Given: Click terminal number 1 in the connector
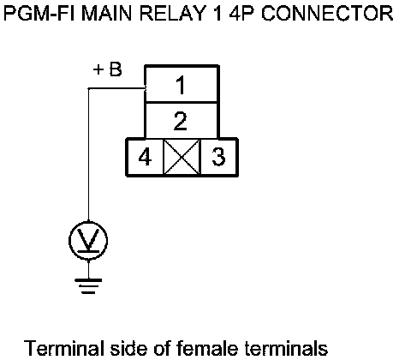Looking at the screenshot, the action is (x=182, y=84).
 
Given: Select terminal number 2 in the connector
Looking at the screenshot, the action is (x=182, y=121).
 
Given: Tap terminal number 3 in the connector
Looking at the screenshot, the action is (x=219, y=157).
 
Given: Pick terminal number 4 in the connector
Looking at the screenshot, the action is (x=145, y=157).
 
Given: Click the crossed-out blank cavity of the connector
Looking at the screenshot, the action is (x=182, y=157).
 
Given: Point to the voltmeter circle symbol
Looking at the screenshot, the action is (x=88, y=241).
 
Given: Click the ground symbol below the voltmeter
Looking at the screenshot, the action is (x=88, y=286).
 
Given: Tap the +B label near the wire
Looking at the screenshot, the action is (x=108, y=69).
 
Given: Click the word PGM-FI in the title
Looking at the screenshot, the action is (x=40, y=13).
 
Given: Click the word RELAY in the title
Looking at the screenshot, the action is (x=173, y=13).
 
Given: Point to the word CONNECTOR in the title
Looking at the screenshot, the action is (x=327, y=13).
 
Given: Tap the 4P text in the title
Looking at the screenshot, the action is (x=241, y=13).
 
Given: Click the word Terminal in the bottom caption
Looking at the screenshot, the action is (x=63, y=348).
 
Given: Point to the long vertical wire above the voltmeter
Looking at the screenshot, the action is (x=88, y=155).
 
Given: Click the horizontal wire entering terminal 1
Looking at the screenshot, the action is (x=116, y=88).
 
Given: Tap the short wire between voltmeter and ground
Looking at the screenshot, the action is (x=88, y=269).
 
